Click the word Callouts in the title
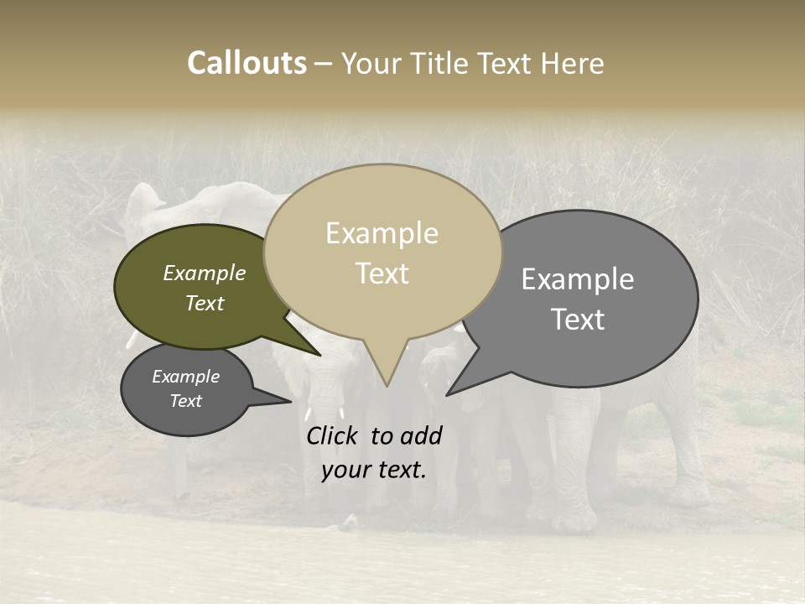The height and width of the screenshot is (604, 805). coord(247,63)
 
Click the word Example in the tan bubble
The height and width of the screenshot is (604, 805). coord(382,233)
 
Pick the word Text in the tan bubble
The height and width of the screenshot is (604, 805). coord(382,273)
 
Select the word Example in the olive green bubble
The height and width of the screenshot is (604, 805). coord(204,273)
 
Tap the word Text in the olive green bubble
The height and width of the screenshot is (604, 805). coord(204,303)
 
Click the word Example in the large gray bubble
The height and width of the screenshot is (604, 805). coord(577,279)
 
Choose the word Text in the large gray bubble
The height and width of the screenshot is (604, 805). coord(577,320)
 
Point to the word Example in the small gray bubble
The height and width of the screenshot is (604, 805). coord(185,377)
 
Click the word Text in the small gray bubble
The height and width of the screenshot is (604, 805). coord(185,401)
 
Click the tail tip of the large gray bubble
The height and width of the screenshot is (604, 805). coord(448,394)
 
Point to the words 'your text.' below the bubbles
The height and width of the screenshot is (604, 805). coord(373,470)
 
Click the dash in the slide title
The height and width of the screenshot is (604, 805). coord(324,64)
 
